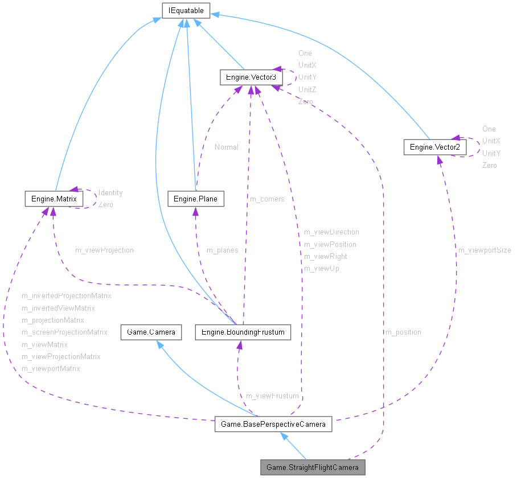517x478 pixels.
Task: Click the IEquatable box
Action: [186, 10]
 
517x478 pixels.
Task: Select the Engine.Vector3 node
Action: [251, 77]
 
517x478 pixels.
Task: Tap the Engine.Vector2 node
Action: [435, 147]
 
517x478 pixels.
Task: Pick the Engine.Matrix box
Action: [54, 199]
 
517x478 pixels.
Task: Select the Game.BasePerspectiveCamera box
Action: [273, 424]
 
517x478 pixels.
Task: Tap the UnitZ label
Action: [307, 89]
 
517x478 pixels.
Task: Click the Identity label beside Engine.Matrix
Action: [110, 192]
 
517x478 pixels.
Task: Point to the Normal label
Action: [226, 147]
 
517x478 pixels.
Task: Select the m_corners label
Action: [267, 199]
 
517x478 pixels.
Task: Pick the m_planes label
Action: [222, 250]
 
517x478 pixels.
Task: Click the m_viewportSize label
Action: [484, 250]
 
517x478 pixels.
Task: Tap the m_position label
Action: [403, 332]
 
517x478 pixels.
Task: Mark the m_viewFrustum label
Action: [272, 395]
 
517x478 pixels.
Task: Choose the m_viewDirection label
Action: [331, 232]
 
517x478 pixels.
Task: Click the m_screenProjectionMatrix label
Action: [64, 332]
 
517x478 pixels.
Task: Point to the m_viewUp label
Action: [321, 268]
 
